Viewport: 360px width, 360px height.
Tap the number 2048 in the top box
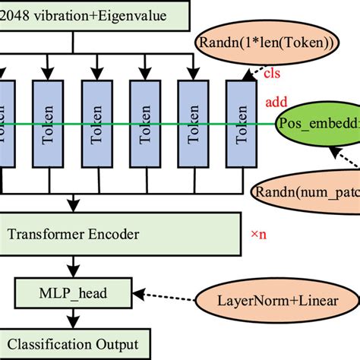pyautogui.click(x=17, y=14)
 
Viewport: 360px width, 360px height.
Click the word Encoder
pyautogui.click(x=111, y=234)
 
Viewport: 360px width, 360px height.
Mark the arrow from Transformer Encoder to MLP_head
pyautogui.click(x=73, y=266)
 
